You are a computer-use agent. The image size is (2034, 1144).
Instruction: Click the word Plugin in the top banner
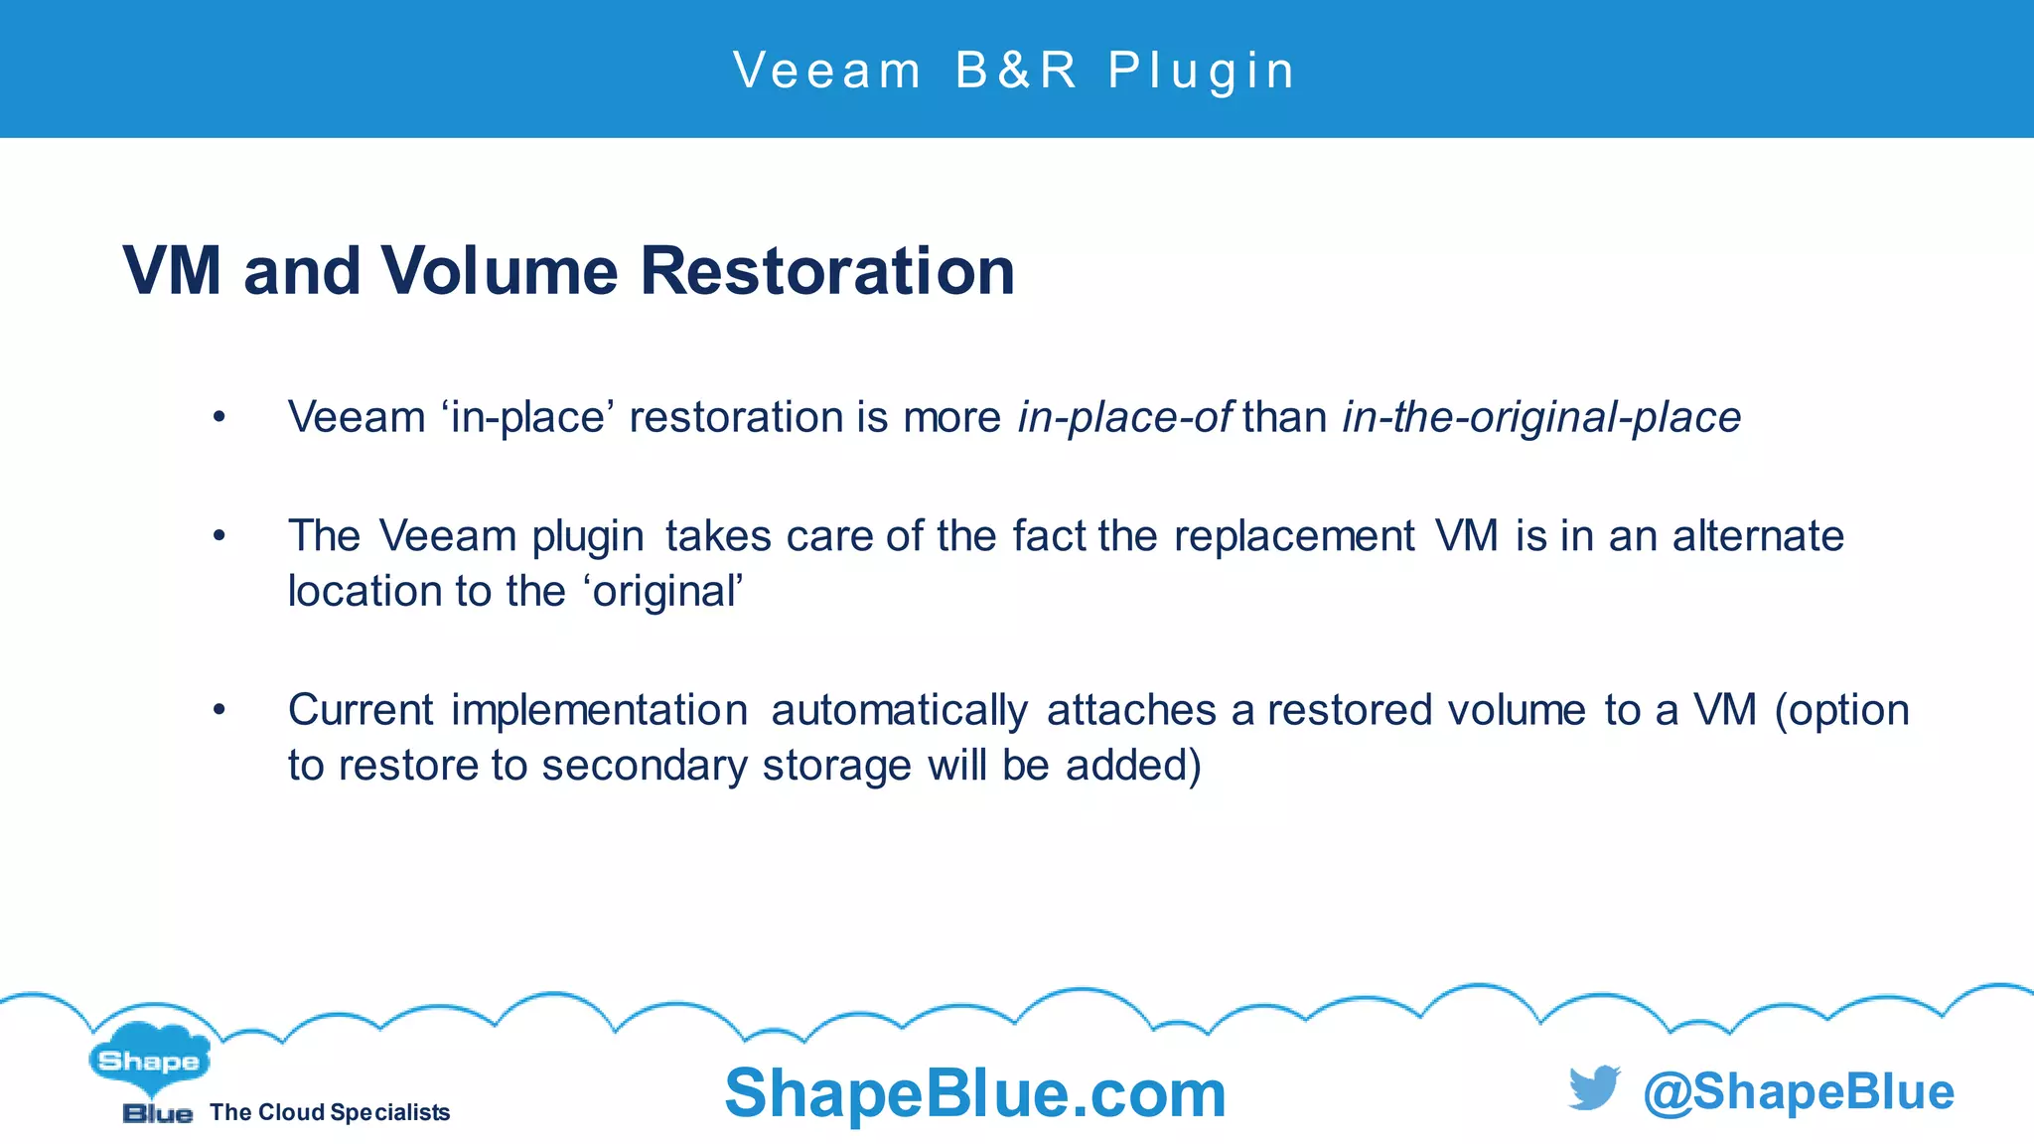pos(1202,71)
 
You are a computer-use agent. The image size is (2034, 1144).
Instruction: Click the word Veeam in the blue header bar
pos(827,71)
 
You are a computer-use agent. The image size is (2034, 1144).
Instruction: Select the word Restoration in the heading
pos(827,271)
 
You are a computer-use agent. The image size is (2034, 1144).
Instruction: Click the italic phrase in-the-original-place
pos(1541,417)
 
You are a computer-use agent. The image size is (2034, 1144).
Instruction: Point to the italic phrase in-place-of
pos(1125,417)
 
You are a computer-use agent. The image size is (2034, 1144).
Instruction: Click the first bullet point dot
pos(219,417)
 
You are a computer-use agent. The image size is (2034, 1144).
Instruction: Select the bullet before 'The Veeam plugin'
pos(219,536)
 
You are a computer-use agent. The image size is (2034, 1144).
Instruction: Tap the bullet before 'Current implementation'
pos(219,710)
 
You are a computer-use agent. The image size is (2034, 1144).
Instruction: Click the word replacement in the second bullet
pos(1294,536)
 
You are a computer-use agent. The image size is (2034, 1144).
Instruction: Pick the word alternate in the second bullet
pos(1758,536)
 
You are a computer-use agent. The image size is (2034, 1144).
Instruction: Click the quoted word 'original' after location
pos(663,592)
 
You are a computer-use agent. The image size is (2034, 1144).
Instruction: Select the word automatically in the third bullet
pos(899,711)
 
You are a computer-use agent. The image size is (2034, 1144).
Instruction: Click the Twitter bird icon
pos(1594,1088)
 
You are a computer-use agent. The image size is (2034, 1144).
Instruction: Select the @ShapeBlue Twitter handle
pos(1799,1091)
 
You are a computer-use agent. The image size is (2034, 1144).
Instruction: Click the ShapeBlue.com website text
pos(975,1093)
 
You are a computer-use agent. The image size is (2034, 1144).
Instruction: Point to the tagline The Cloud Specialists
pos(330,1112)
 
